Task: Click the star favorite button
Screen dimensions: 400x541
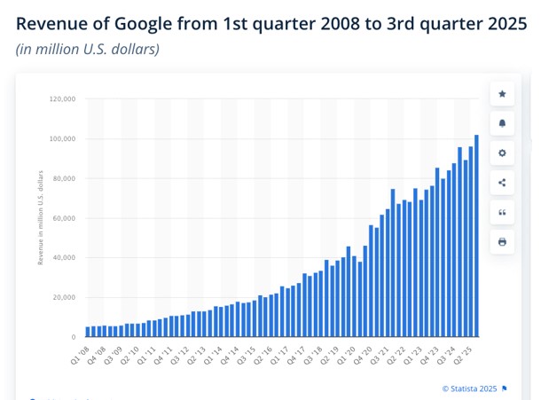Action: coord(502,93)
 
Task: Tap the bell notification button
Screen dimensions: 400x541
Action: coord(502,123)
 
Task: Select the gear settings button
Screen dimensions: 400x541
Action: coord(502,153)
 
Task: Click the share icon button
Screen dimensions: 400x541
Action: coord(502,183)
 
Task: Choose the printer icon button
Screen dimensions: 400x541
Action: coord(502,241)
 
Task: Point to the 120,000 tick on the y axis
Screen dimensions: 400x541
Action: coord(61,99)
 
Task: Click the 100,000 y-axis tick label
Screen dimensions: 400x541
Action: coord(61,139)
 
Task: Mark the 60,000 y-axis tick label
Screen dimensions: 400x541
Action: coord(63,218)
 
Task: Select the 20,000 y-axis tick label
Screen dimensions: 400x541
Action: coord(63,297)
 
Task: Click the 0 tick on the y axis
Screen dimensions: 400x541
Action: coord(73,337)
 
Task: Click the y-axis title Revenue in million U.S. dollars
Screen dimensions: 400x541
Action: coord(41,218)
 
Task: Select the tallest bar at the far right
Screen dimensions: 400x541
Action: coord(476,236)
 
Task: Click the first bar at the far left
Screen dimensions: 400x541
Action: coord(88,332)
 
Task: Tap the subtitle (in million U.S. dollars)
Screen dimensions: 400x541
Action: coord(88,49)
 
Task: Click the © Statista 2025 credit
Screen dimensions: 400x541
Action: coord(470,388)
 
